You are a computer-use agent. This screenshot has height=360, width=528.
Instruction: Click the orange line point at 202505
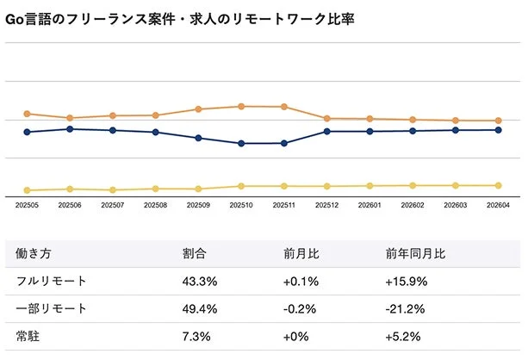click(x=28, y=114)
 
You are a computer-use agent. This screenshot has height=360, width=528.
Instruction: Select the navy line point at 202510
click(x=241, y=143)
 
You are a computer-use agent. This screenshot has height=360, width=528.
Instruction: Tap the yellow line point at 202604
click(x=499, y=185)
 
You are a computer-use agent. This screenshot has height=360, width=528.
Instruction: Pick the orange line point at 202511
click(x=284, y=107)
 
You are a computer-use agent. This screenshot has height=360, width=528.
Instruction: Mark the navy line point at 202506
click(x=70, y=129)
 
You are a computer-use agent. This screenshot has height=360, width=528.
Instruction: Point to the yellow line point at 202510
click(x=241, y=186)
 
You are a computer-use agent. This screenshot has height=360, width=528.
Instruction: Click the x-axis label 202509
click(x=198, y=205)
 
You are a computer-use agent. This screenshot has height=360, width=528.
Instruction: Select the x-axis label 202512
click(x=327, y=205)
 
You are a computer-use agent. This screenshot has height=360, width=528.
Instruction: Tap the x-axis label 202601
click(x=370, y=205)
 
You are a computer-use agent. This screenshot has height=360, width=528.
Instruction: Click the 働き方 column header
click(x=34, y=254)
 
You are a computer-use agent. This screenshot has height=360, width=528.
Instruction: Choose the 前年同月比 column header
click(x=415, y=254)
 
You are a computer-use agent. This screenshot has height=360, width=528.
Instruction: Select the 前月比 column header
click(x=301, y=254)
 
